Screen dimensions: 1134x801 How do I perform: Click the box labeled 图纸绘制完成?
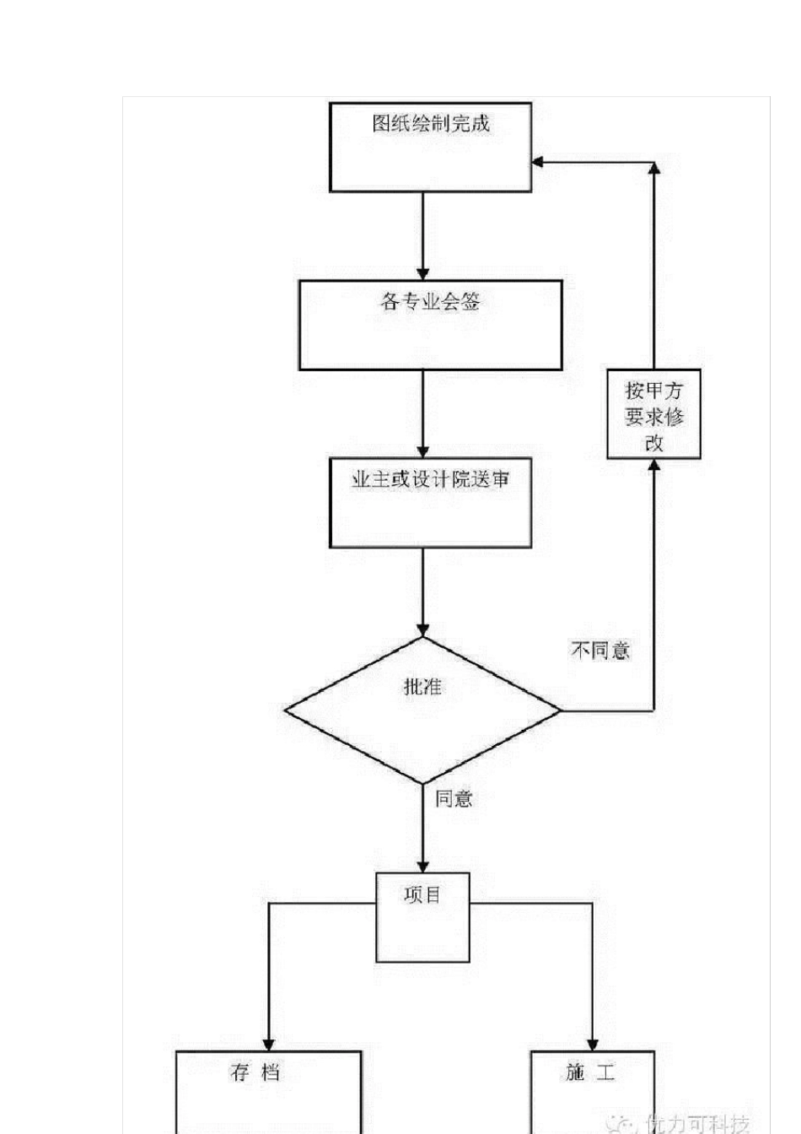(x=430, y=148)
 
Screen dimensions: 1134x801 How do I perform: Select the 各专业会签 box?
(x=430, y=325)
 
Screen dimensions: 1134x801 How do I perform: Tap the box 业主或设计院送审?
(x=430, y=503)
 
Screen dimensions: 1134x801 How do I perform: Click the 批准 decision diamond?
(x=422, y=710)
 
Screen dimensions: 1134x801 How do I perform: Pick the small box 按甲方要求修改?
(x=653, y=414)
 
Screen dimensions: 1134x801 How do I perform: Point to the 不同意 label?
(x=600, y=651)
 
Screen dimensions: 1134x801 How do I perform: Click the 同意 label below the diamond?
(x=454, y=798)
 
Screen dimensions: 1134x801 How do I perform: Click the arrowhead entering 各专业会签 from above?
(x=422, y=273)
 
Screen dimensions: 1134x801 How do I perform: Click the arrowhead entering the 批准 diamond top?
(x=422, y=629)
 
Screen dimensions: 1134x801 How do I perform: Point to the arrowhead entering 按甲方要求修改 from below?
(x=653, y=466)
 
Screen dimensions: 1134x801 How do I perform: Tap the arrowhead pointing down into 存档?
(x=268, y=1044)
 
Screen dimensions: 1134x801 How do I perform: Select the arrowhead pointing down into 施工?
(x=592, y=1044)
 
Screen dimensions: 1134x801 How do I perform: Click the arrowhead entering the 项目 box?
(x=422, y=866)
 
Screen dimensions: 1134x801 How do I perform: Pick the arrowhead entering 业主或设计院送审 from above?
(x=422, y=451)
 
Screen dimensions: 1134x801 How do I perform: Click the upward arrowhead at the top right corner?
(x=653, y=168)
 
